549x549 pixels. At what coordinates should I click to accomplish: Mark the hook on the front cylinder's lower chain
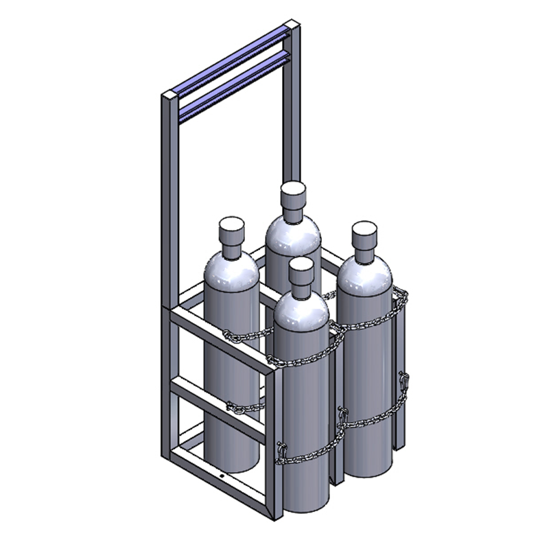[x=280, y=449]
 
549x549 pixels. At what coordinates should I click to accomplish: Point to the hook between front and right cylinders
[x=341, y=416]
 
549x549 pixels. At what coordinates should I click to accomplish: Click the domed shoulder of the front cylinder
[x=301, y=312]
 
